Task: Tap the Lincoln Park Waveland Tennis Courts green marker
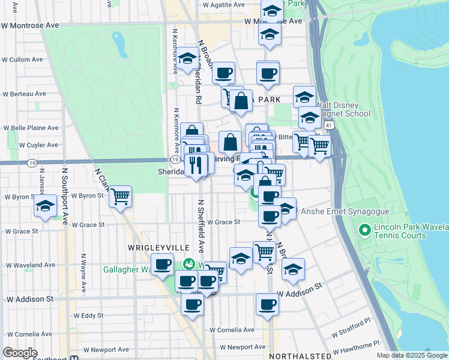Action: click(x=363, y=230)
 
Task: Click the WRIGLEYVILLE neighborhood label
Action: click(x=158, y=248)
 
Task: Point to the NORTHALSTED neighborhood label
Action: click(x=300, y=356)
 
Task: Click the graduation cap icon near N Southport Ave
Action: click(x=44, y=206)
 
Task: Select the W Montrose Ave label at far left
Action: click(x=30, y=26)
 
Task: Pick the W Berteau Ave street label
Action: click(x=24, y=94)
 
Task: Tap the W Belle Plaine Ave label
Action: click(x=31, y=128)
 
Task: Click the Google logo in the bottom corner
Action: click(x=20, y=353)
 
